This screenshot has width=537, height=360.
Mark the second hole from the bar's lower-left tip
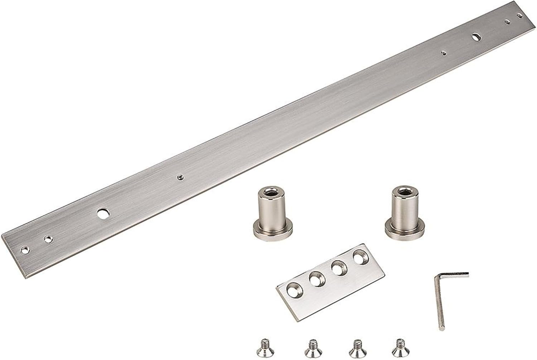point(47,238)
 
